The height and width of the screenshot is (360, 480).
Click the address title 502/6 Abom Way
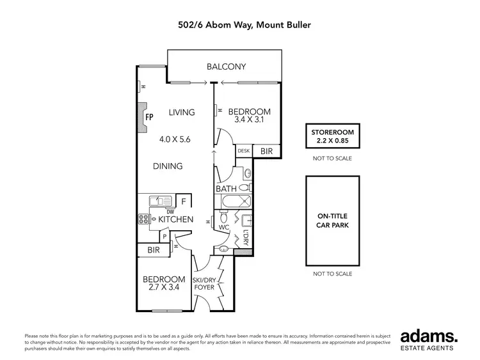[x=240, y=26]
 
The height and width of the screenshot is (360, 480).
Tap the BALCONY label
[x=226, y=67]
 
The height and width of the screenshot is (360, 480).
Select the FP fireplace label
[x=148, y=118]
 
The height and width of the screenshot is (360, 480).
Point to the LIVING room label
[x=182, y=113]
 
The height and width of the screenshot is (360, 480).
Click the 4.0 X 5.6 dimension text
[x=175, y=139]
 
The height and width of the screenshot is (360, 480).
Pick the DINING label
[x=168, y=166]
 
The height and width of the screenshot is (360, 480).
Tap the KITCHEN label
[x=176, y=219]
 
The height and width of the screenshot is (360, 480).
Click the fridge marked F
[x=184, y=201]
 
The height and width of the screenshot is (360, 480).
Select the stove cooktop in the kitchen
[x=143, y=219]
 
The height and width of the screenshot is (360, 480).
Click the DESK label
[x=244, y=151]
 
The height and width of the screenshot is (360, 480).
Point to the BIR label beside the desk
[x=266, y=151]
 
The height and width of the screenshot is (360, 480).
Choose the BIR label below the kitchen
[x=154, y=250]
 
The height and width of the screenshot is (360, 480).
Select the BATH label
[x=226, y=189]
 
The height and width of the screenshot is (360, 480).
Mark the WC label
[x=224, y=227]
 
